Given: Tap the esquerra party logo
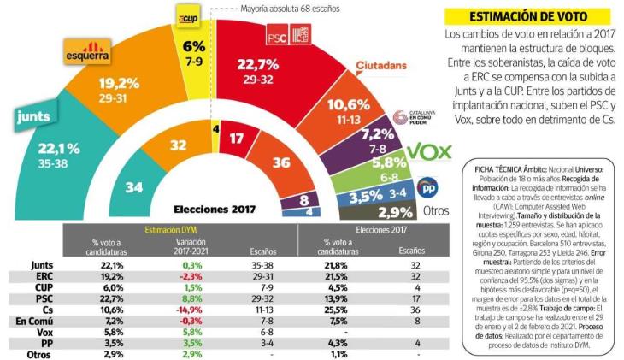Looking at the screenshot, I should click(87, 53).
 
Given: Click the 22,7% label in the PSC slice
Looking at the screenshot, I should click(259, 65).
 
